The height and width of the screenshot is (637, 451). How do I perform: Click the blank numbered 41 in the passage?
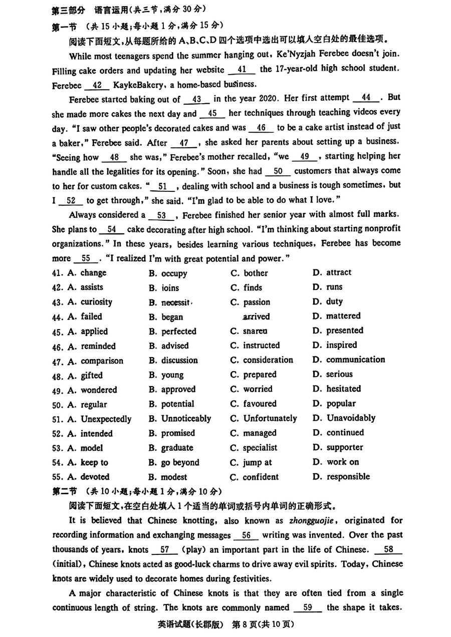pos(242,70)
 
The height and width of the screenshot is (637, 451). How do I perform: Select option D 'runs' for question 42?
pos(334,287)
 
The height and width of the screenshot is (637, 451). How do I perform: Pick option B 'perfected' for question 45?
pos(178,332)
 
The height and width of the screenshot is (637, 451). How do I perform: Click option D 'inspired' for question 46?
pos(341,345)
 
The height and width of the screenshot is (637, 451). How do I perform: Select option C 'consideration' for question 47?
pos(268,360)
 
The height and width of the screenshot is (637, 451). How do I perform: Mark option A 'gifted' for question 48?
pos(91,375)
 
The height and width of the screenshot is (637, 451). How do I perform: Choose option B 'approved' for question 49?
pos(178,390)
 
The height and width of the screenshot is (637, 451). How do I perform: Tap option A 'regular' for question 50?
pos(94,405)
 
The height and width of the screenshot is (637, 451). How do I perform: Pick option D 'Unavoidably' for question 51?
pos(351,418)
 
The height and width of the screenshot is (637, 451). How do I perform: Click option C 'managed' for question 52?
pos(260,433)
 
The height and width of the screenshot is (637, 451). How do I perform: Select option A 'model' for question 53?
pos(92,448)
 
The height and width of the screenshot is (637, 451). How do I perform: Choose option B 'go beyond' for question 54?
pos(180,463)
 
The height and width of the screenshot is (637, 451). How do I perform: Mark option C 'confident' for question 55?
pos(261,477)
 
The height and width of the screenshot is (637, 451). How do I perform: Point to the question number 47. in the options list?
pos(58,361)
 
